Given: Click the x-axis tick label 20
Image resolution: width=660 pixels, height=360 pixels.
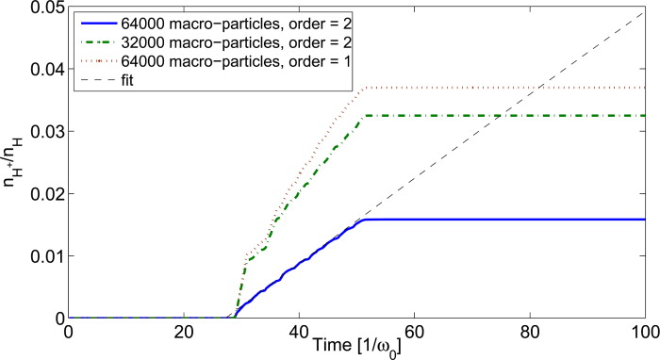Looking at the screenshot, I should [183, 333].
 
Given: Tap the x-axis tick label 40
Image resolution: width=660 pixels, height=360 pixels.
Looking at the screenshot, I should [298, 333].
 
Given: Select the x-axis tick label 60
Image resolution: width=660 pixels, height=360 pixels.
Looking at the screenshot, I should [414, 333].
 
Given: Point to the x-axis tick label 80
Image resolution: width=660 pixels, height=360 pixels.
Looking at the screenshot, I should [529, 333].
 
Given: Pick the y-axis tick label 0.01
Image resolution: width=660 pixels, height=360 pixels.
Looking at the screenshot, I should [44, 255].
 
